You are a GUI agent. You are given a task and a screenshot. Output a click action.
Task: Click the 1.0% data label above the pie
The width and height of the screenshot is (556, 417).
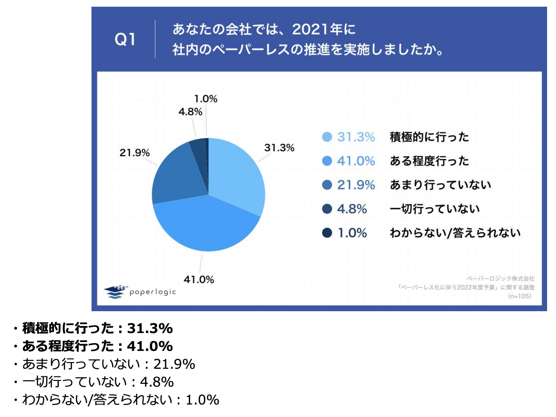[x=206, y=99]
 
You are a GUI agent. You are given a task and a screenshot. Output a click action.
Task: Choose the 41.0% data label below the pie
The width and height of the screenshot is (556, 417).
[x=199, y=280]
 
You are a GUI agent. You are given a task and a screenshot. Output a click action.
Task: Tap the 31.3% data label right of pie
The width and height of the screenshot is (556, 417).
[x=279, y=148]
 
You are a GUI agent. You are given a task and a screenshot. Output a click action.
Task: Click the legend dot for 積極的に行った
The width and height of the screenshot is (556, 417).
[x=327, y=137]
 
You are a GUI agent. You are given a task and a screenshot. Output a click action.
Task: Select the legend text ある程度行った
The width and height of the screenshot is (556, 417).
[x=429, y=161]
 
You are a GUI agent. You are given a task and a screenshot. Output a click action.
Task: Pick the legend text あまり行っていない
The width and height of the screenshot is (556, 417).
[x=440, y=184]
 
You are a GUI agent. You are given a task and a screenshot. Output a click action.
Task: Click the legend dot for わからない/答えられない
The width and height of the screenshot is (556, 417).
[x=327, y=233]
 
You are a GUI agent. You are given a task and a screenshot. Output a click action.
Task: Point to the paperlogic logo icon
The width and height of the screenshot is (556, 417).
[x=115, y=292]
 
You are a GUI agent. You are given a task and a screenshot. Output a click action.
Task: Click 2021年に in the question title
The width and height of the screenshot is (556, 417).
[x=323, y=30]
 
